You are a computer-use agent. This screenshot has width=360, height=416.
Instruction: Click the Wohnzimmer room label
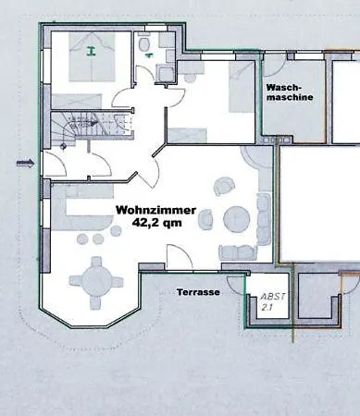click(x=155, y=211)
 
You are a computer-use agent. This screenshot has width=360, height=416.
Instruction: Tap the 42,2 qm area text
click(x=156, y=223)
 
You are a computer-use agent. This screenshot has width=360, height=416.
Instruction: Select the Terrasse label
click(x=198, y=292)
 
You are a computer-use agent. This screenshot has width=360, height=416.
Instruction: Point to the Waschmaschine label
click(x=290, y=92)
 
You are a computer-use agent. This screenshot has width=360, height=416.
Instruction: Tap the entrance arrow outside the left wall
click(x=25, y=163)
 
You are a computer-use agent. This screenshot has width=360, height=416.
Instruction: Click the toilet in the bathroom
click(x=144, y=43)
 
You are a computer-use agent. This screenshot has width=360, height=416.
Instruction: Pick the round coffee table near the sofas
click(x=237, y=219)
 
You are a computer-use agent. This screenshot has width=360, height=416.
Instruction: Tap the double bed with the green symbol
click(x=93, y=57)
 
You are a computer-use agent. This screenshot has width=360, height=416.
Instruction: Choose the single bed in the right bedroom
click(x=242, y=87)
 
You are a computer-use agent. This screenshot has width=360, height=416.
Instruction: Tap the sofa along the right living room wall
click(x=264, y=219)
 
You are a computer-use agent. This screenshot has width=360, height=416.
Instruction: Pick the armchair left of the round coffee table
click(x=205, y=219)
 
